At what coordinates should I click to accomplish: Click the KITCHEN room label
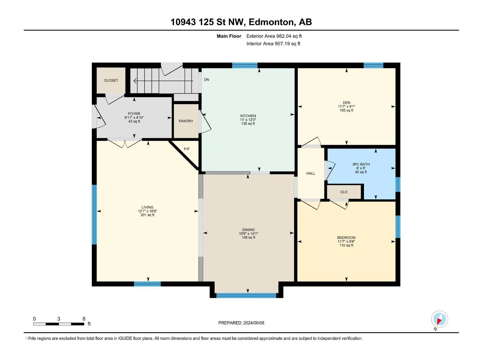tap(248, 116)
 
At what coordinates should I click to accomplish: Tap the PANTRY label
tap(186, 121)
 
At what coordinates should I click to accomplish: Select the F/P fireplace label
tap(187, 149)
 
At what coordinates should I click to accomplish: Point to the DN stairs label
tap(206, 80)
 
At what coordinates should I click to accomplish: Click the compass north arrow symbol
tap(439, 319)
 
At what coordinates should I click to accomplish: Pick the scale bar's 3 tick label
tap(59, 319)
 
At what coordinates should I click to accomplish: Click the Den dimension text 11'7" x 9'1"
tap(346, 106)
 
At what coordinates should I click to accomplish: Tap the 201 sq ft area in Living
tap(147, 215)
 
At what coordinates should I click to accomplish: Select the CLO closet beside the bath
tap(344, 192)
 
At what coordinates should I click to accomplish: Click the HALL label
tap(311, 173)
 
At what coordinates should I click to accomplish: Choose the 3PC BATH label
tap(361, 164)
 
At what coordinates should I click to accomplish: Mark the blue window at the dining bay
tap(246, 295)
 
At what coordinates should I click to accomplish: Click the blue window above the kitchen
tap(245, 65)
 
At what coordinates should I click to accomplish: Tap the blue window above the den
tap(373, 65)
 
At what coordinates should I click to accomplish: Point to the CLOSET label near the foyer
tap(111, 81)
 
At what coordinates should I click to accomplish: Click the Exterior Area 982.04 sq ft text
tap(274, 36)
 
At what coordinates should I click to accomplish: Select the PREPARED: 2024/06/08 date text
tap(241, 323)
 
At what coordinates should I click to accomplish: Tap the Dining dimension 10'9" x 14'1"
tap(248, 233)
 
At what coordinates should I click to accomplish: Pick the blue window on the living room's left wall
tap(94, 214)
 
